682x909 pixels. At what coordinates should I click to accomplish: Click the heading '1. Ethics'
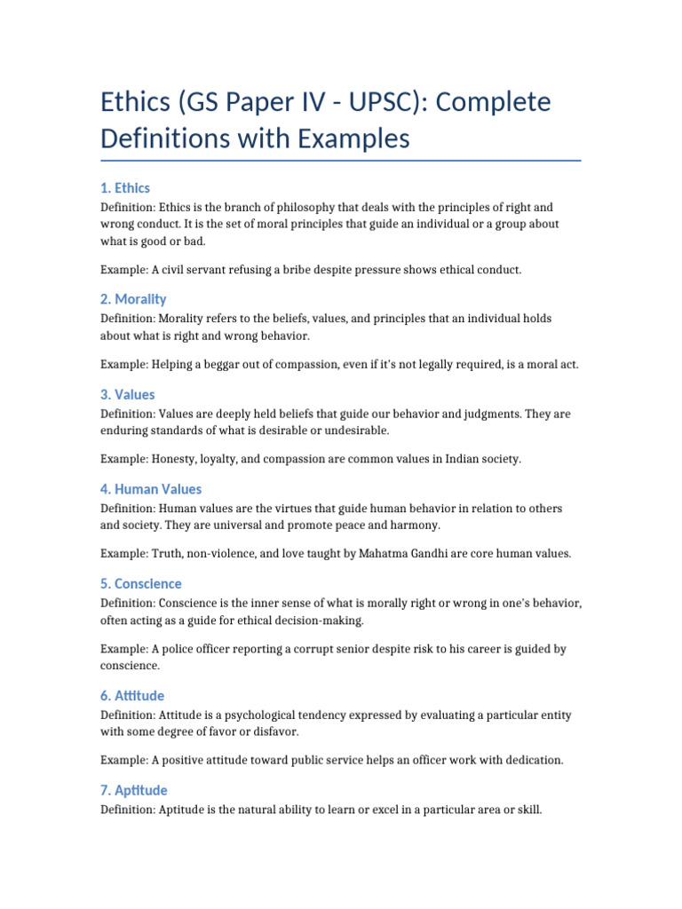coord(125,188)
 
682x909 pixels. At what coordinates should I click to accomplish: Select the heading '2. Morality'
coord(133,299)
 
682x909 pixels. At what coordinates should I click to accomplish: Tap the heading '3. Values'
coord(128,394)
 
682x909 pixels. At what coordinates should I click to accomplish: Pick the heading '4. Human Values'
coord(151,489)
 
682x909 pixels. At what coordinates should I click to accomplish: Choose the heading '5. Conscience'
coord(141,584)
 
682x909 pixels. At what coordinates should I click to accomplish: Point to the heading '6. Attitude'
coord(132,696)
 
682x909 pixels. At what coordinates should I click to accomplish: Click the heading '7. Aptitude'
coord(134,790)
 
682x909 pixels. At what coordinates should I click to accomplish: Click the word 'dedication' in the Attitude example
coord(534,761)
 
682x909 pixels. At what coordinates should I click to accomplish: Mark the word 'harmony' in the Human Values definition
coord(416,526)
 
